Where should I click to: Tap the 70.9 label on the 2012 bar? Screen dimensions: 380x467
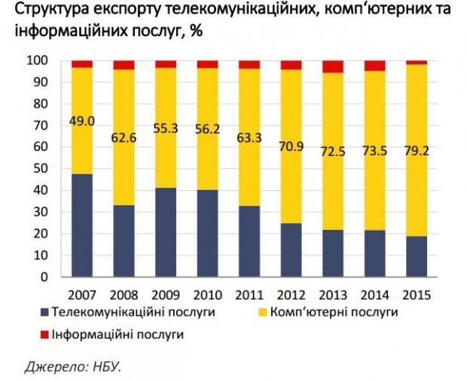tap(291, 146)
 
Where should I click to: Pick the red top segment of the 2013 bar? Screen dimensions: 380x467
tap(332, 66)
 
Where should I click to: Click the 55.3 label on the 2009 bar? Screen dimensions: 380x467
tap(166, 129)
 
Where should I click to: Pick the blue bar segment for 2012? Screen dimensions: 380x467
tap(291, 250)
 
